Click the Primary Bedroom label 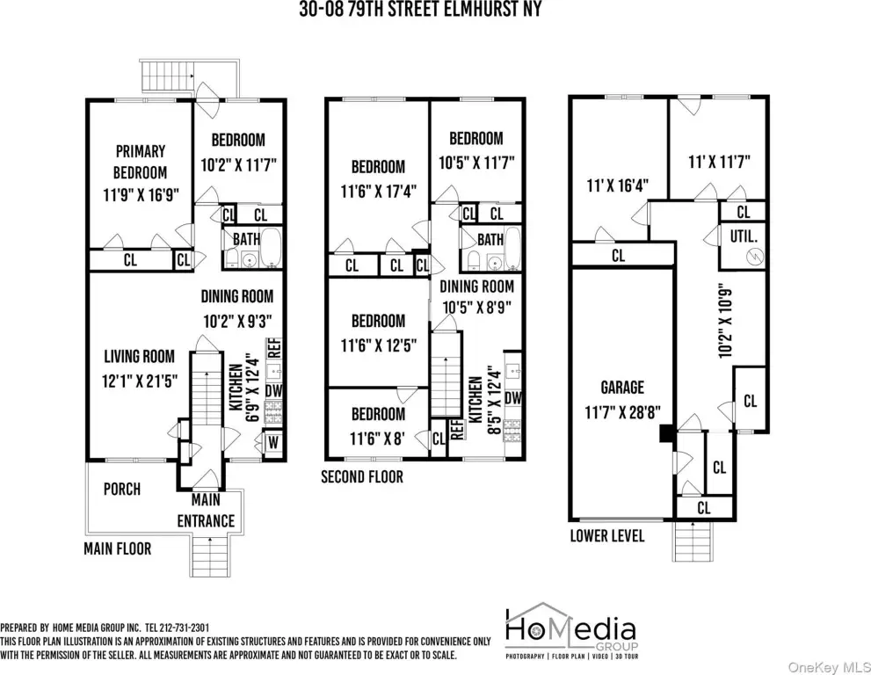[140, 162]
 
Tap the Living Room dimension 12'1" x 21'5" [140, 381]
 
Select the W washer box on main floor [272, 443]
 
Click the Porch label [122, 489]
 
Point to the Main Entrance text [206, 511]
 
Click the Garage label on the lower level [622, 388]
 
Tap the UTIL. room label [744, 236]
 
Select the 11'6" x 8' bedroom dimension [377, 439]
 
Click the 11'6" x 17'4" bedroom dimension [378, 192]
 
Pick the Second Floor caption [362, 476]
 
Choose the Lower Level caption [607, 535]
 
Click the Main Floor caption [117, 549]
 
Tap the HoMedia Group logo [571, 632]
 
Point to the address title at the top [420, 9]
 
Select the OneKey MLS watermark [829, 665]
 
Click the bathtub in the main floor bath [272, 248]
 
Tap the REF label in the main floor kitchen [274, 348]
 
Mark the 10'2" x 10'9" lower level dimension [726, 323]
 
